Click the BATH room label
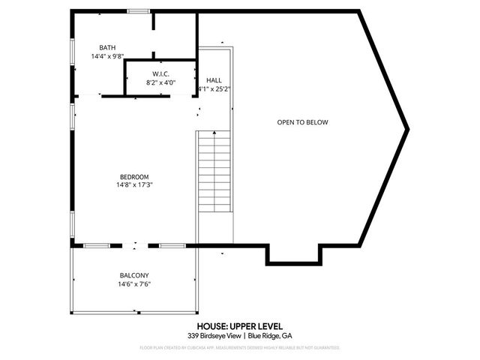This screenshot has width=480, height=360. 108,48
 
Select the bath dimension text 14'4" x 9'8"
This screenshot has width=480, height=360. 108,57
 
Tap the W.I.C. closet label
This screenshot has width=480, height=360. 160,73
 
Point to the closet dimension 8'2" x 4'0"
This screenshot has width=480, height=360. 160,83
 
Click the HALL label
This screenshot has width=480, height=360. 214,79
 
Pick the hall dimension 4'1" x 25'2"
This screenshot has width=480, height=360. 214,88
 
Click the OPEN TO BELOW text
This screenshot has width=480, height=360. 303,122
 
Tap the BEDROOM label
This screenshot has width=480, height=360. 135,176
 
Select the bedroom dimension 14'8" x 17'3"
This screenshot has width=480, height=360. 135,185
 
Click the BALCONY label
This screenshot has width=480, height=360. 135,275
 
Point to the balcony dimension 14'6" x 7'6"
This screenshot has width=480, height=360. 135,284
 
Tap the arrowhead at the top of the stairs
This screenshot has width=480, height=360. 215,132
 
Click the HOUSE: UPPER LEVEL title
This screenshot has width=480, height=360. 239,326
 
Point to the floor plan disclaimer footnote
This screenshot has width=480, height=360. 239,348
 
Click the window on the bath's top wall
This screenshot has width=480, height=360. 138,10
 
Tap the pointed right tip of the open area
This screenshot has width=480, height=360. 407,129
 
